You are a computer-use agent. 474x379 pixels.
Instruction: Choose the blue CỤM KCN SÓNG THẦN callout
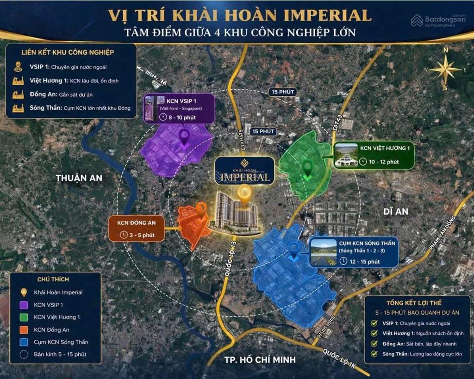pos(354,253)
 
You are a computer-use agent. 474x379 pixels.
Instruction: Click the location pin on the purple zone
pos(184,137)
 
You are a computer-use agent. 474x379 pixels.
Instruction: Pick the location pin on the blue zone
pos(293,250)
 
